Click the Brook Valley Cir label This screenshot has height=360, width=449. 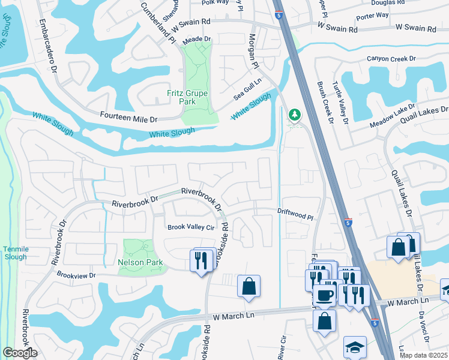coord(191,227)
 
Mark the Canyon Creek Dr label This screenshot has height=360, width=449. coord(391,59)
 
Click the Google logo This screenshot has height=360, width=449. coord(20,353)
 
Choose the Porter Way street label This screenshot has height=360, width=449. coord(372,18)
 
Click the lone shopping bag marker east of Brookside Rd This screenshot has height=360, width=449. coord(249,287)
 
